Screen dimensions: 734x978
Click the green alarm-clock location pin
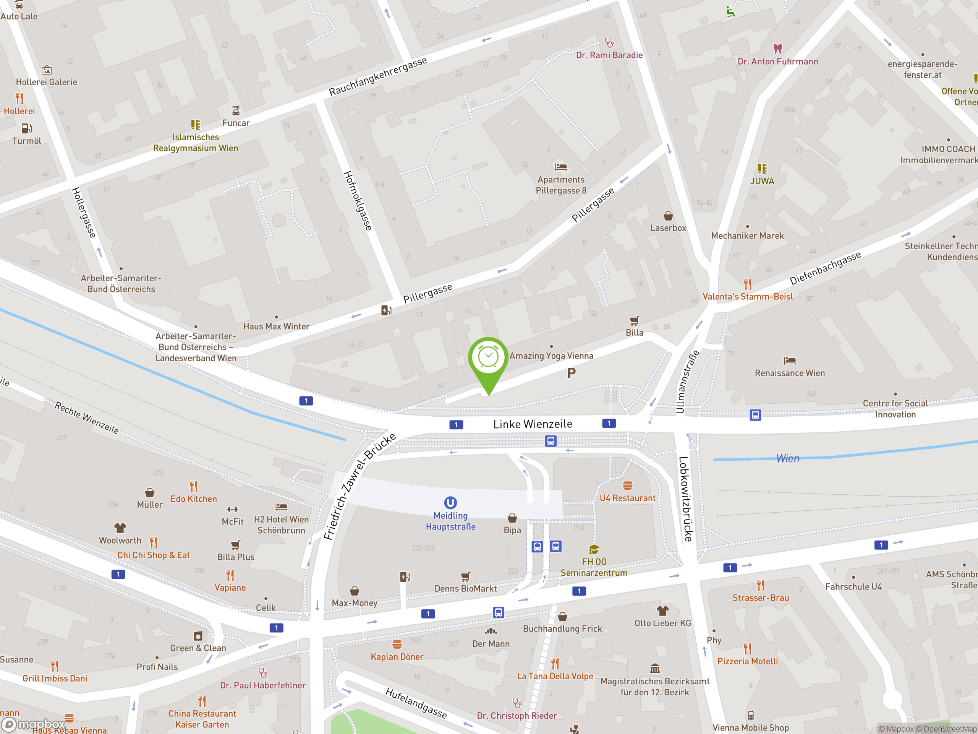(x=488, y=359)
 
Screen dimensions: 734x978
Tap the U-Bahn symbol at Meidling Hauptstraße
(x=450, y=503)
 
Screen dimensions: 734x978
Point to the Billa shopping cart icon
(x=634, y=320)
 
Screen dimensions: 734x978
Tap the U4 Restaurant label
(x=627, y=498)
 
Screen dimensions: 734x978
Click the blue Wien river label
(x=787, y=458)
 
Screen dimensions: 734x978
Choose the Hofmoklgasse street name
(x=357, y=200)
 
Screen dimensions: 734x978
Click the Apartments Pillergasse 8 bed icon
(x=560, y=167)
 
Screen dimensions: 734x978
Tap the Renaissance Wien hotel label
(x=789, y=373)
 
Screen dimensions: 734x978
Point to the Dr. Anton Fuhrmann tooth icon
(x=777, y=48)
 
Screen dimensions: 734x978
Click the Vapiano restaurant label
(x=230, y=588)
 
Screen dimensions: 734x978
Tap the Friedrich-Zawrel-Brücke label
(x=359, y=486)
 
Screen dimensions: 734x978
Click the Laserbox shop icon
(x=668, y=216)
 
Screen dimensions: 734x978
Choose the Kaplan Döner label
(x=397, y=657)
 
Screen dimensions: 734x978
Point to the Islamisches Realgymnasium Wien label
(x=196, y=143)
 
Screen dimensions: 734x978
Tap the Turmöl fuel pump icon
(x=26, y=128)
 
